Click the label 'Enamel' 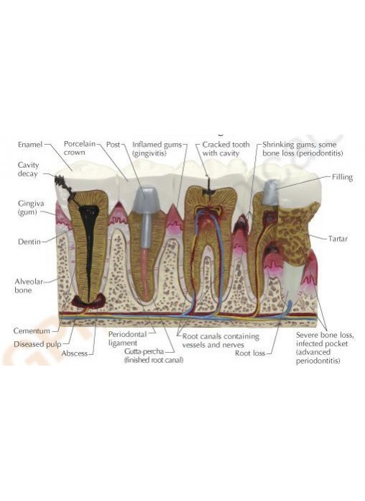pos(30,145)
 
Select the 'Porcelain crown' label pos(80,148)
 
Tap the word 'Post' pos(113,145)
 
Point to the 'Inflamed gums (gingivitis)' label pos(157,149)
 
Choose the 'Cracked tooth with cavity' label pos(226,149)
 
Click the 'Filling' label pos(342,177)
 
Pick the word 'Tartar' pos(338,238)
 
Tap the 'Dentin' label pos(29,242)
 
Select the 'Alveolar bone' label pos(29,286)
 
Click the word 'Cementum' pos(32,330)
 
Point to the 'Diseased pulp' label pos(37,344)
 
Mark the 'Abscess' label pos(74,353)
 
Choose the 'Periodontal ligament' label pos(127,339)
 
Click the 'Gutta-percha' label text pos(144,351)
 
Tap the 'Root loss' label pos(250,353)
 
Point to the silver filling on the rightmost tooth pos(271,192)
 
